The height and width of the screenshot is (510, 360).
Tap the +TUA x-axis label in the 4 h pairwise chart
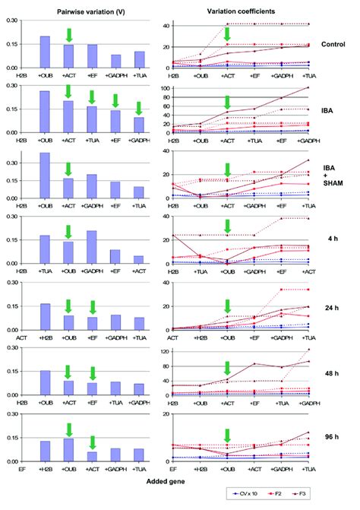44,270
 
